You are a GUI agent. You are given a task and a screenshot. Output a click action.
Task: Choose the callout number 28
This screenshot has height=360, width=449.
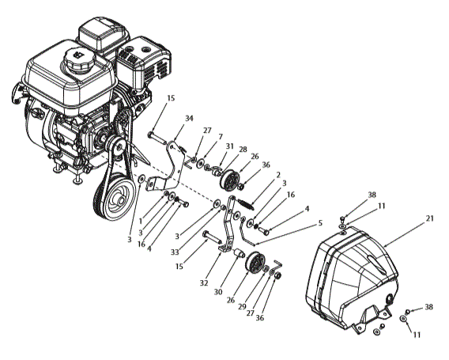coord(243,150)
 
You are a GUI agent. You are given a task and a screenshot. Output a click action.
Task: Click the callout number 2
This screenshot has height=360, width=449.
coord(278,174)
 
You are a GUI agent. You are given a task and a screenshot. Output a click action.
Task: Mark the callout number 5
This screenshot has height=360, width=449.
coord(319,223)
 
